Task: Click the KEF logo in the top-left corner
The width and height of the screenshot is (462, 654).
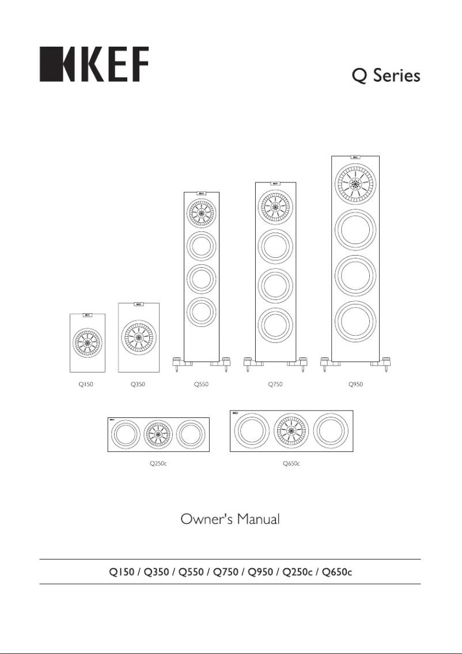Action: coord(93,64)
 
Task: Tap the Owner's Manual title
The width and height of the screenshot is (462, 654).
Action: coord(230,519)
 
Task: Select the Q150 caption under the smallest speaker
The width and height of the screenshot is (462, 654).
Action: coord(86,385)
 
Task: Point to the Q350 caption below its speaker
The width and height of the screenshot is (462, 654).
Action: coord(138,385)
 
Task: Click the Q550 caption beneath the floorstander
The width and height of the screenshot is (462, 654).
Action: coord(201,385)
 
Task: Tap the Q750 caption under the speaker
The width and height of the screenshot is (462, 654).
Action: coord(275,385)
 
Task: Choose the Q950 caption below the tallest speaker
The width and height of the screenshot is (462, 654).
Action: coord(355,385)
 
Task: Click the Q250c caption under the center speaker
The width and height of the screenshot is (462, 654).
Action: coord(158,463)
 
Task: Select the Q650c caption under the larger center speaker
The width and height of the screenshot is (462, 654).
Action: coord(291,463)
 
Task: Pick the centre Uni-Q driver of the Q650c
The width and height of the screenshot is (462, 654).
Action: coord(291,431)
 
